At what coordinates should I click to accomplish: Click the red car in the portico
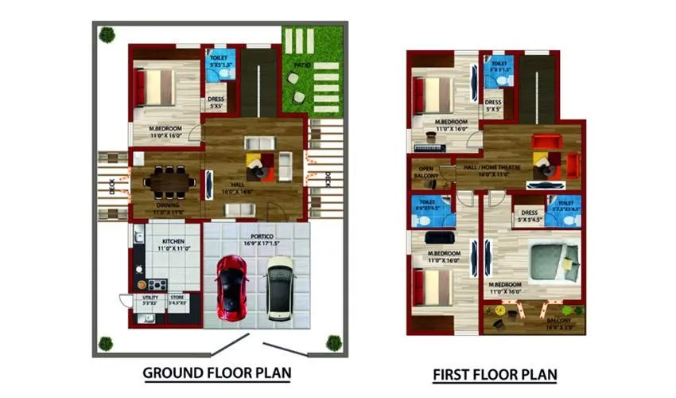[x=231, y=287]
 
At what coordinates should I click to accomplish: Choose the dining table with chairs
[x=169, y=182]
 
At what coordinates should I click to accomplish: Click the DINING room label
[x=167, y=205]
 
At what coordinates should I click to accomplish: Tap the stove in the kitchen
[x=156, y=284]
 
